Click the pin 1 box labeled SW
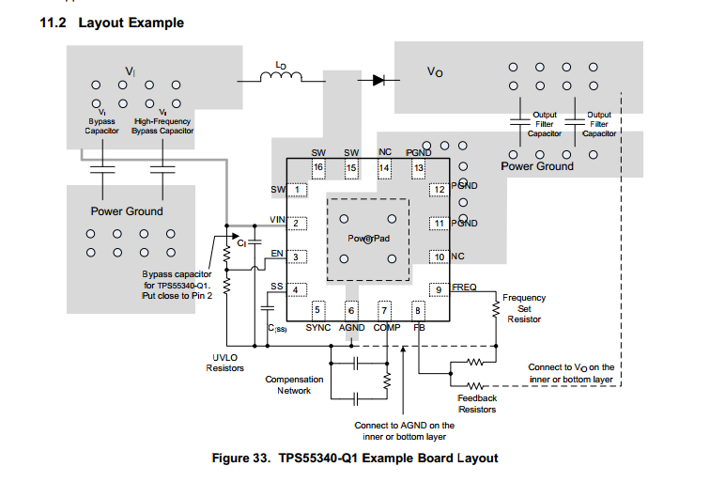pos(297,190)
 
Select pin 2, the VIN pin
pos(297,224)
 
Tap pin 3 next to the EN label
pos(297,257)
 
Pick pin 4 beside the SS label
pos(297,289)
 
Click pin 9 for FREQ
pos(438,289)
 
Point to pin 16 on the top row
pos(318,168)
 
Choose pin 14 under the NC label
pos(384,168)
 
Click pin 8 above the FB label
pos(418,309)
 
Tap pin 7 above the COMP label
pos(384,309)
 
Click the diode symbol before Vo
pos(378,80)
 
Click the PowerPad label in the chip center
pos(368,239)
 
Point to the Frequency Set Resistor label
pos(524,308)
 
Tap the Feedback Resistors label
pos(477,404)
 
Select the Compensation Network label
pos(294,385)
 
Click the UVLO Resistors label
pos(224,363)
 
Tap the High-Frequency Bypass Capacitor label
pos(162,126)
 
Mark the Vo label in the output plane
pos(435,70)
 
